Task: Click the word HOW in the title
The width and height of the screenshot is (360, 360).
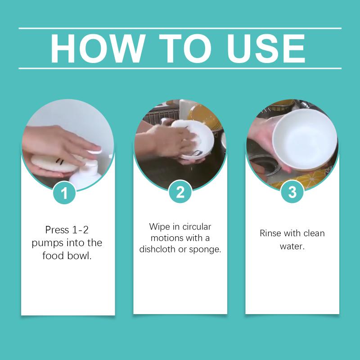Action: pyautogui.click(x=98, y=49)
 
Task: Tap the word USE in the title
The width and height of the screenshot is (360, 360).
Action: pyautogui.click(x=266, y=49)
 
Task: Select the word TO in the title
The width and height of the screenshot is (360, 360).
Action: pyautogui.click(x=185, y=49)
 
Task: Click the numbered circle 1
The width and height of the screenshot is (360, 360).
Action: pyautogui.click(x=64, y=193)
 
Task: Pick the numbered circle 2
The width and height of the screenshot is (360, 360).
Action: pyautogui.click(x=180, y=192)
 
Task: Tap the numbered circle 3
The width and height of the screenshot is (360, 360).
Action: pyautogui.click(x=292, y=192)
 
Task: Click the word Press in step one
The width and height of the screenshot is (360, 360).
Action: pyautogui.click(x=57, y=230)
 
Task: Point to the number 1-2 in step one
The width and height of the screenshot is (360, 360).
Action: pyautogui.click(x=80, y=230)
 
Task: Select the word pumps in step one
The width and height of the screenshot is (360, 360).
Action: pyautogui.click(x=47, y=243)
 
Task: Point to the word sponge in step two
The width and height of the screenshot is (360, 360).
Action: pyautogui.click(x=205, y=250)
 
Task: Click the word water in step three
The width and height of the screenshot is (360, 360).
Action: pyautogui.click(x=292, y=246)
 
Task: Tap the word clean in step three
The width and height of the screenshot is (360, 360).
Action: pyautogui.click(x=314, y=233)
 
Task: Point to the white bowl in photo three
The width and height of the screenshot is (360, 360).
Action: pyautogui.click(x=305, y=139)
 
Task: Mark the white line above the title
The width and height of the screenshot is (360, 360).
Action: pyautogui.click(x=180, y=28)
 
